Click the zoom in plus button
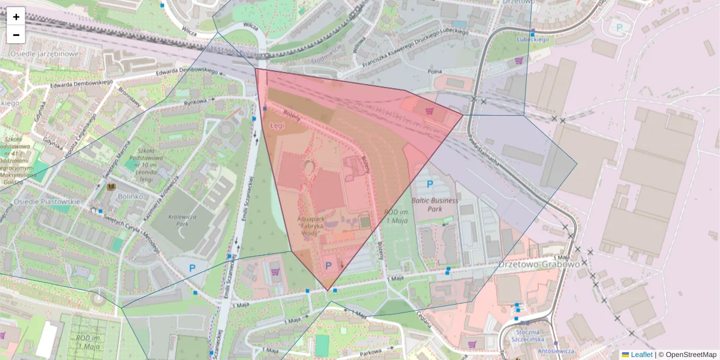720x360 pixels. [x=16, y=17]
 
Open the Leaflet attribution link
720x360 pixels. [x=641, y=355]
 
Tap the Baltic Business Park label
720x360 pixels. [x=435, y=205]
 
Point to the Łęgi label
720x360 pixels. [x=277, y=127]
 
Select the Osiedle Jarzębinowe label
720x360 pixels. [x=44, y=54]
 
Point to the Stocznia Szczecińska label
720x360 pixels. [x=525, y=335]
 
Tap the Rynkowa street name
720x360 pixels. [x=195, y=102]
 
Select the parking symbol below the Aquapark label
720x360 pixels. [x=329, y=265]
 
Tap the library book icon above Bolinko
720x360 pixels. [x=111, y=188]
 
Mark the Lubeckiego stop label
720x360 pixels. [x=533, y=40]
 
